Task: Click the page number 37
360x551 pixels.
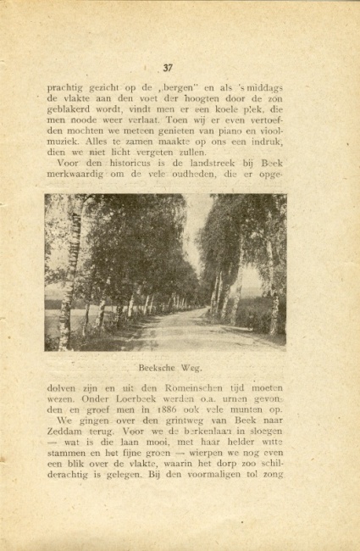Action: tap(167, 68)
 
